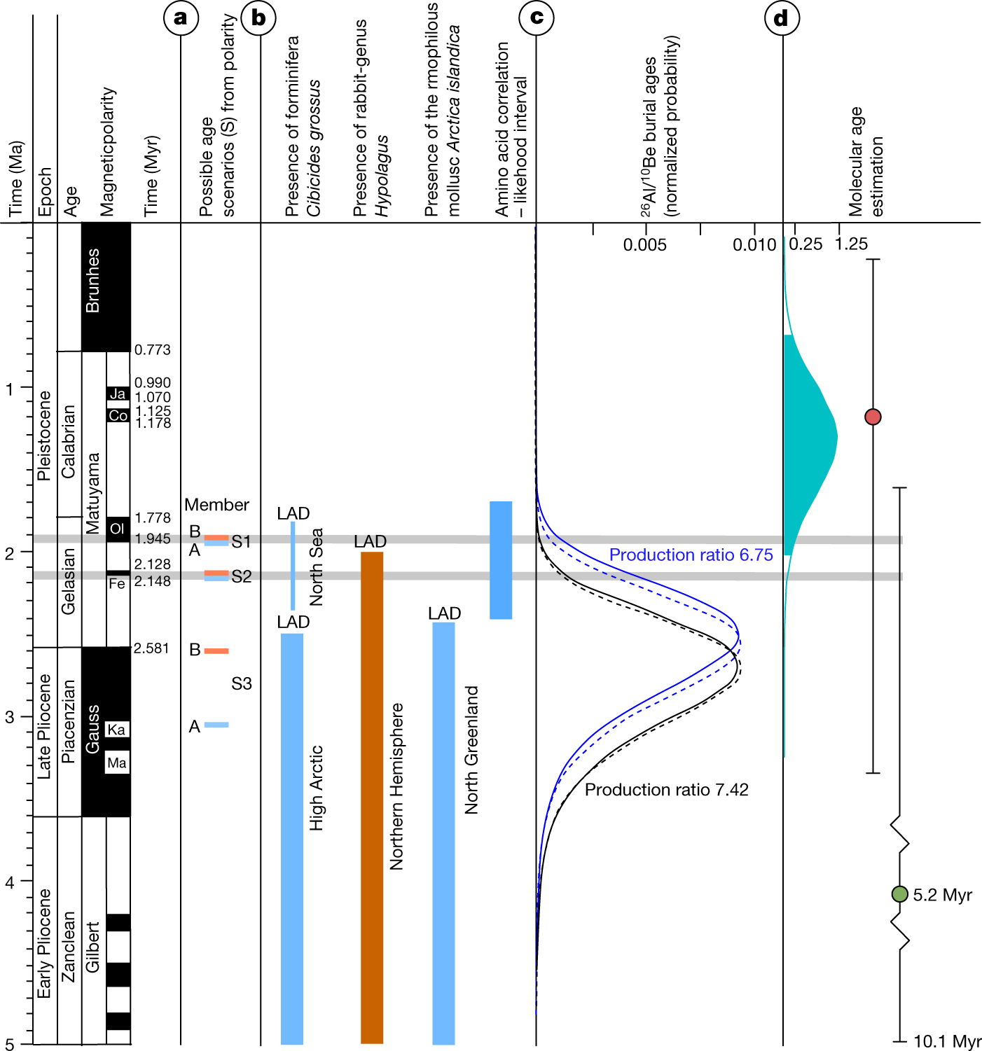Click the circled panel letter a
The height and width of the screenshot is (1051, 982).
pyautogui.click(x=181, y=18)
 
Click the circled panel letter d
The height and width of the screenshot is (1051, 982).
pyautogui.click(x=782, y=18)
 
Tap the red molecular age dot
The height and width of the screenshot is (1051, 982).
pyautogui.click(x=873, y=417)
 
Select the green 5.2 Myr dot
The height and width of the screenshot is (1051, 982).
pyautogui.click(x=899, y=894)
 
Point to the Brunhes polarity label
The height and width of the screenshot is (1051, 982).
pyautogui.click(x=92, y=280)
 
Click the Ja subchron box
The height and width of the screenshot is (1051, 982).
pyautogui.click(x=118, y=394)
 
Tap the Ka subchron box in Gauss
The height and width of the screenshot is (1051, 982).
pyautogui.click(x=116, y=730)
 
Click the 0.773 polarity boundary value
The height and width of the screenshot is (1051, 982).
pyautogui.click(x=153, y=349)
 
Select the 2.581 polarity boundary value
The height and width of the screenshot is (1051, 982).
pyautogui.click(x=151, y=648)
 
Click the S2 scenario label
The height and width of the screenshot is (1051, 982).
pyautogui.click(x=241, y=576)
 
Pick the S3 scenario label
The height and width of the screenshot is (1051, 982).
pyautogui.click(x=241, y=683)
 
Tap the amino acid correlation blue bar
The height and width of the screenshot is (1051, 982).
pyautogui.click(x=500, y=560)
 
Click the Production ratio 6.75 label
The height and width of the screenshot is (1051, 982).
pyautogui.click(x=691, y=555)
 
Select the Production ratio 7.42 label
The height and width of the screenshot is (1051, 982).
pyautogui.click(x=666, y=790)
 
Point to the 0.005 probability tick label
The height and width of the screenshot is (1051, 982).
pyautogui.click(x=645, y=244)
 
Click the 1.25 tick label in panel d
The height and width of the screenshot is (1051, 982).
pyautogui.click(x=852, y=244)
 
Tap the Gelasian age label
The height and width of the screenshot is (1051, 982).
pyautogui.click(x=68, y=581)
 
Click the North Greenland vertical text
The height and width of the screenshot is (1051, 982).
pyautogui.click(x=472, y=749)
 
